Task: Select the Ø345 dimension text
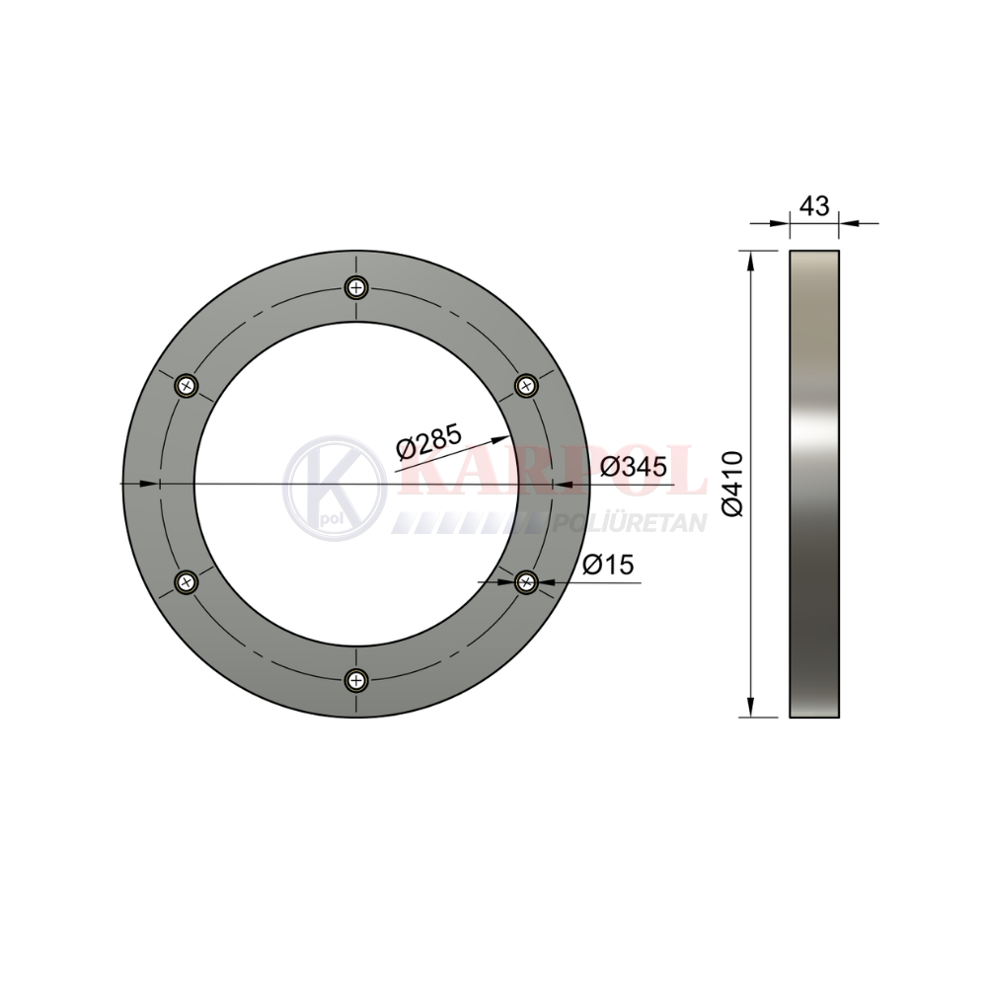click(634, 467)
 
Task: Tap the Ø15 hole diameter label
click(608, 564)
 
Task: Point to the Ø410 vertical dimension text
click(733, 484)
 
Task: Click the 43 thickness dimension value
click(814, 206)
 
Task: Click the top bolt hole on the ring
click(356, 288)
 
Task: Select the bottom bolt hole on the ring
click(356, 680)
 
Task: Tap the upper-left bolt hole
click(187, 385)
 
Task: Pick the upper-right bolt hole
click(526, 385)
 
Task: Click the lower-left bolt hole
click(187, 581)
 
